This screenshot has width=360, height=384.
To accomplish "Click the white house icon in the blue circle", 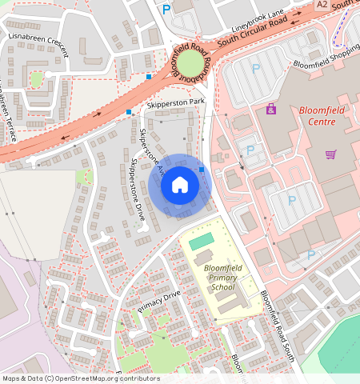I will (180, 186).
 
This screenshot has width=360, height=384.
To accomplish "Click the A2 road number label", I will (322, 5).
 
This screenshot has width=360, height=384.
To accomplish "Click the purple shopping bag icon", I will (271, 108).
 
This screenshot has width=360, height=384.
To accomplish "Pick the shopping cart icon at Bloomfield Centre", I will (330, 154).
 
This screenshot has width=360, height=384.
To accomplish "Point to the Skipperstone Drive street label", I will (137, 190).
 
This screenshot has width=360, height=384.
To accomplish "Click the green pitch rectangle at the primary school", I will (202, 240).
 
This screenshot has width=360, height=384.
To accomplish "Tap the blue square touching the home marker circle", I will (202, 170).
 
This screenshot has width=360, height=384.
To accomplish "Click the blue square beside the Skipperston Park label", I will (129, 112).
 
